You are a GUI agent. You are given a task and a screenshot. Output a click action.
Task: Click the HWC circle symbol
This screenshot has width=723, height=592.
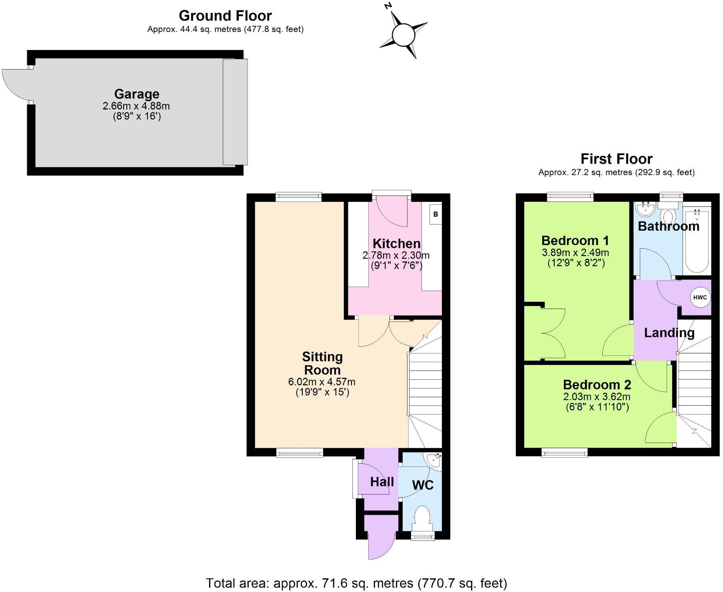[x=700, y=297]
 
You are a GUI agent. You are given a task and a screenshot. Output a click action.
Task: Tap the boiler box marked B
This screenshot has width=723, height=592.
[x=435, y=214]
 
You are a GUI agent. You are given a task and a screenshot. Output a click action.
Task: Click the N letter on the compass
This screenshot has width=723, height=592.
[x=387, y=6]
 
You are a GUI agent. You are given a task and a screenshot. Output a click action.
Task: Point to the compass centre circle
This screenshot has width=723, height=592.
[x=403, y=35]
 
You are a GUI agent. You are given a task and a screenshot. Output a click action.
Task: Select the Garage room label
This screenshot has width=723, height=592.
[x=137, y=94]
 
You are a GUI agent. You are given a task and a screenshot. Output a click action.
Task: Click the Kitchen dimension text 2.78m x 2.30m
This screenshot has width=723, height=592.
[x=396, y=255]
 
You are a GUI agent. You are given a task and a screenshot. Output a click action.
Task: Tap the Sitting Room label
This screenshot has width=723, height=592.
[x=322, y=363]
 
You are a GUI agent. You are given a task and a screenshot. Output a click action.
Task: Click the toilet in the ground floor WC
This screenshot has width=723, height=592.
[x=422, y=518]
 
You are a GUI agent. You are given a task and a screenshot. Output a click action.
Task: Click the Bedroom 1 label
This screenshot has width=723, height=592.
[x=575, y=241]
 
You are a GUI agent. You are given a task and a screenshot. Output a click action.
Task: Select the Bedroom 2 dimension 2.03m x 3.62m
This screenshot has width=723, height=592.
[x=597, y=397]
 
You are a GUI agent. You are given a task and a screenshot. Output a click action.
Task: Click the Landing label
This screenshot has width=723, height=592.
[x=669, y=333]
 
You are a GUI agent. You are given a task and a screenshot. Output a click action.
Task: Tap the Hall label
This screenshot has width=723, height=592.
[x=382, y=482]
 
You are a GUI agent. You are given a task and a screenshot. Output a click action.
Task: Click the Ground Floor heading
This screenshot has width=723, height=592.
[x=225, y=16]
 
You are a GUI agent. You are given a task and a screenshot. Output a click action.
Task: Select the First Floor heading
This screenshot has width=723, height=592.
[x=616, y=159]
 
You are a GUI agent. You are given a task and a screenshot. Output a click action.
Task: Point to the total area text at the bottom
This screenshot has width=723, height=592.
[x=356, y=583]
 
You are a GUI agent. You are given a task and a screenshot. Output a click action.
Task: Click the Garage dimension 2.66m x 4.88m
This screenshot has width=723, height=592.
[x=136, y=106]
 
